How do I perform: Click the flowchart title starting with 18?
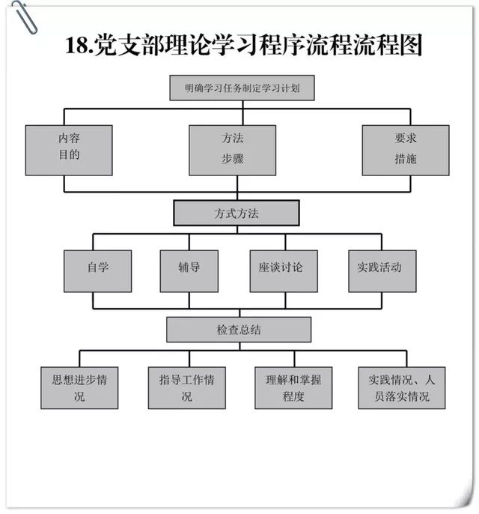(243, 44)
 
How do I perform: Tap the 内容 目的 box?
(69, 150)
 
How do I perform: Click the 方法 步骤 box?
(233, 150)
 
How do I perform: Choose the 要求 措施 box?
(406, 150)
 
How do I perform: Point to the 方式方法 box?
(237, 214)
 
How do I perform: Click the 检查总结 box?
(239, 330)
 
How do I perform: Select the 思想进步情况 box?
(79, 387)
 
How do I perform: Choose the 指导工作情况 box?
(187, 387)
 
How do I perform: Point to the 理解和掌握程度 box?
(293, 387)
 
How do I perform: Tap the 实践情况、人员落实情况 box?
(402, 387)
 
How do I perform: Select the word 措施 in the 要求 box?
(406, 159)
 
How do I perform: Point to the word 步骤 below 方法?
(233, 159)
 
